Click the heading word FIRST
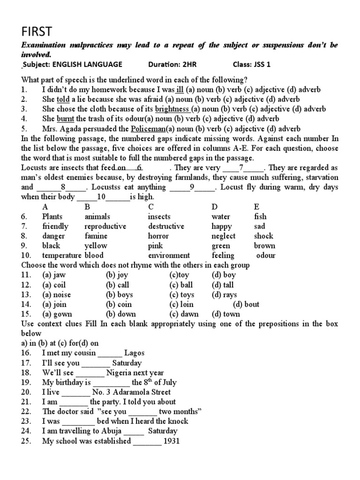(x=37, y=31)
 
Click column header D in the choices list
(x=214, y=207)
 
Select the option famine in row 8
(x=96, y=236)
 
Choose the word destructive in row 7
(x=166, y=226)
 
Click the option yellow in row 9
(x=96, y=246)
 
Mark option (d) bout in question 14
(x=246, y=305)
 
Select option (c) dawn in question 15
(x=184, y=315)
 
